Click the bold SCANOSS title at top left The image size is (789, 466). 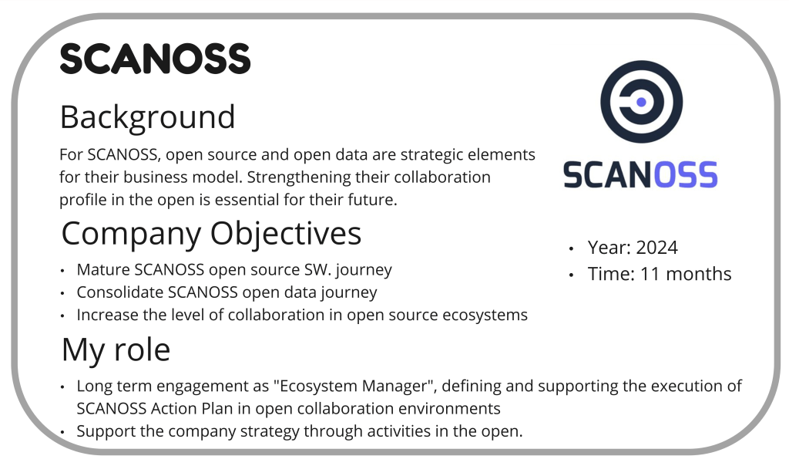click(x=155, y=59)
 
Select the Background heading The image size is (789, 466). click(x=147, y=117)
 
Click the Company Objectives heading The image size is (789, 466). click(x=211, y=234)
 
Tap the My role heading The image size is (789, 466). click(x=116, y=349)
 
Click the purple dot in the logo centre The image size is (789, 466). click(x=641, y=103)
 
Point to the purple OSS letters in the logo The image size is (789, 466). click(x=685, y=175)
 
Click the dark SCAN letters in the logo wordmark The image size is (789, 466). click(x=608, y=175)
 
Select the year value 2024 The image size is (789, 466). click(x=656, y=248)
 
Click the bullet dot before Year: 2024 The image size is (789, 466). click(x=571, y=248)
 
